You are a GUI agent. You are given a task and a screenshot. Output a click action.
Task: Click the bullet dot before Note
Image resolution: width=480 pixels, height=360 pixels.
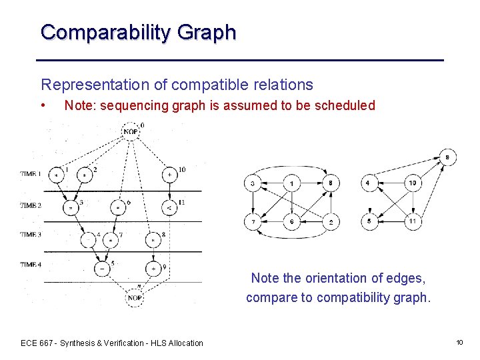click(x=43, y=105)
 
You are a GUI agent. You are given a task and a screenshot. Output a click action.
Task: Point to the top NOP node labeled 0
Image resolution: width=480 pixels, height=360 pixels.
click(x=131, y=131)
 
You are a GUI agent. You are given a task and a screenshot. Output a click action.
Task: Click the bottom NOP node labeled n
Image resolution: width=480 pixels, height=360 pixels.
click(x=134, y=298)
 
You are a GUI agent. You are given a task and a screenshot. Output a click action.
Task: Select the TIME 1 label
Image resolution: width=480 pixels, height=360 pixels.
click(x=30, y=174)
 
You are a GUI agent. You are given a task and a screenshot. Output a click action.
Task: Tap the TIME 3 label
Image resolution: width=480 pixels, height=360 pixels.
click(x=30, y=235)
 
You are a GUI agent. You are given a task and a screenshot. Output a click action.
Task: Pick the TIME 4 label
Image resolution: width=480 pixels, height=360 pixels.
click(x=30, y=265)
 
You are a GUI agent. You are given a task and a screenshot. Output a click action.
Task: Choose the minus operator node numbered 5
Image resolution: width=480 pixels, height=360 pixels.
click(x=102, y=269)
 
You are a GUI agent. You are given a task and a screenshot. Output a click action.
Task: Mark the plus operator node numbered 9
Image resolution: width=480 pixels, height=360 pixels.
click(x=153, y=269)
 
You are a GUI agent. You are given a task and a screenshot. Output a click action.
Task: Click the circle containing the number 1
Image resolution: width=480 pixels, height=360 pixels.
click(x=291, y=183)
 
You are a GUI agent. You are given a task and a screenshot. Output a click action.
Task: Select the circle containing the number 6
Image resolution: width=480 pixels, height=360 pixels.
click(x=291, y=221)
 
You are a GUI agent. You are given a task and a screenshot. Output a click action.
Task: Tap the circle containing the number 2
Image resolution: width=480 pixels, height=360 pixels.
click(x=330, y=221)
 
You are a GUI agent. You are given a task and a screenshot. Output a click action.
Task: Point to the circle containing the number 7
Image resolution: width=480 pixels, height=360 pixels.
click(x=253, y=221)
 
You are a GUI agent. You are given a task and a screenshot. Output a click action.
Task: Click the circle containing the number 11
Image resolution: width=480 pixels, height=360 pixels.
click(x=412, y=221)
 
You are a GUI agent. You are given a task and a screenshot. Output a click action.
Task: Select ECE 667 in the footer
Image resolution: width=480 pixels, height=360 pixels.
click(x=37, y=343)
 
